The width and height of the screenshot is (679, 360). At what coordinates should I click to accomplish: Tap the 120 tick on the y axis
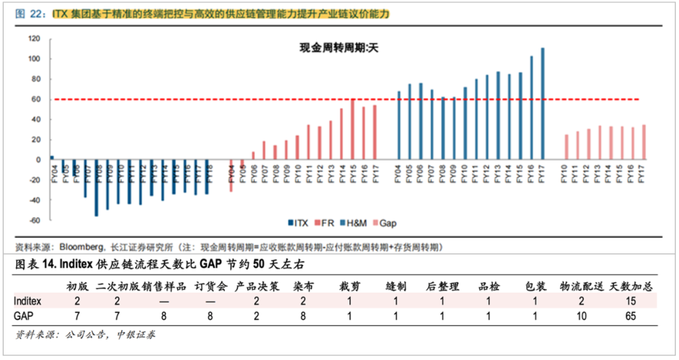35,39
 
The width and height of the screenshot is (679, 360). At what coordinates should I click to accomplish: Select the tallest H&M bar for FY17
543,104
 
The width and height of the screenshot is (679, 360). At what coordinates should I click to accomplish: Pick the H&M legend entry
355,222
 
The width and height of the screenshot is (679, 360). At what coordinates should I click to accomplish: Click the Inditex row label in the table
28,301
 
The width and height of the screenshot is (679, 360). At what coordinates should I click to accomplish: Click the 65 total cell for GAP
632,316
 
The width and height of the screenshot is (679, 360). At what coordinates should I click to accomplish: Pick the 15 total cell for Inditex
632,301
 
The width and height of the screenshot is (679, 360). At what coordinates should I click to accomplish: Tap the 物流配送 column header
582,286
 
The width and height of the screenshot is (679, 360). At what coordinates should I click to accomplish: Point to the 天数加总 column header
632,286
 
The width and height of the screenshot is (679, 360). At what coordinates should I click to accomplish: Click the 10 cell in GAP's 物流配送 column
581,316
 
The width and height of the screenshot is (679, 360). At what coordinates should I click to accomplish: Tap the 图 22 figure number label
28,13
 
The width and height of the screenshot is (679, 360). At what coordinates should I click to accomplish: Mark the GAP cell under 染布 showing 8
304,316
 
